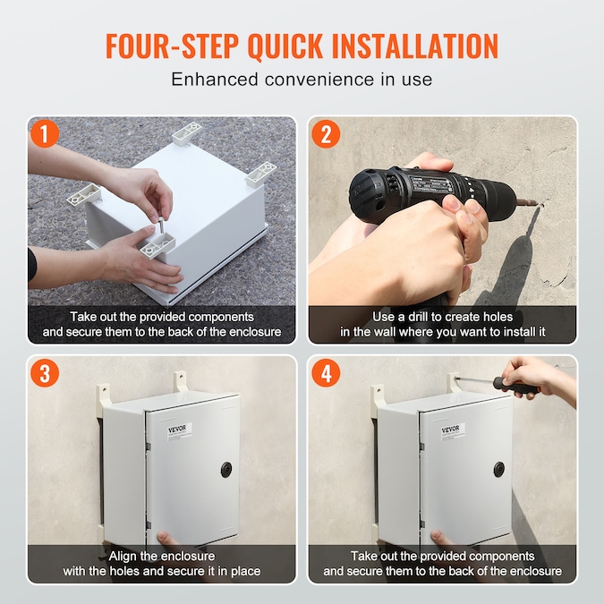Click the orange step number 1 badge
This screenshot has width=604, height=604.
point(45,133)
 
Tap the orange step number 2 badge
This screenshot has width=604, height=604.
point(326,133)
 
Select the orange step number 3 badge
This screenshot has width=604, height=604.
point(45,373)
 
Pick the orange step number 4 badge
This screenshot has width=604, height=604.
point(326,373)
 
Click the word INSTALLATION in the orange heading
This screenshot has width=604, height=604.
point(415,46)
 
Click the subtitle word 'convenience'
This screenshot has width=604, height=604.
point(319,80)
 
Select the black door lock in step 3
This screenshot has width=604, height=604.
point(226,470)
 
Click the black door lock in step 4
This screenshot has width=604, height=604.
point(499,469)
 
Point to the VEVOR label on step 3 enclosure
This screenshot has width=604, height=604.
point(179,432)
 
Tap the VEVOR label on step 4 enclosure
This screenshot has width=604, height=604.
point(453,431)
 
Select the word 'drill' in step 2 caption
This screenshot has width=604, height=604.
point(418,317)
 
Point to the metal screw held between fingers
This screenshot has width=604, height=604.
point(161,225)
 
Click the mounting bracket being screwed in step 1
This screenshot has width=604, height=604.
point(157,246)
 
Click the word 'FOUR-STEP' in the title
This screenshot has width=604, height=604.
point(172,46)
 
